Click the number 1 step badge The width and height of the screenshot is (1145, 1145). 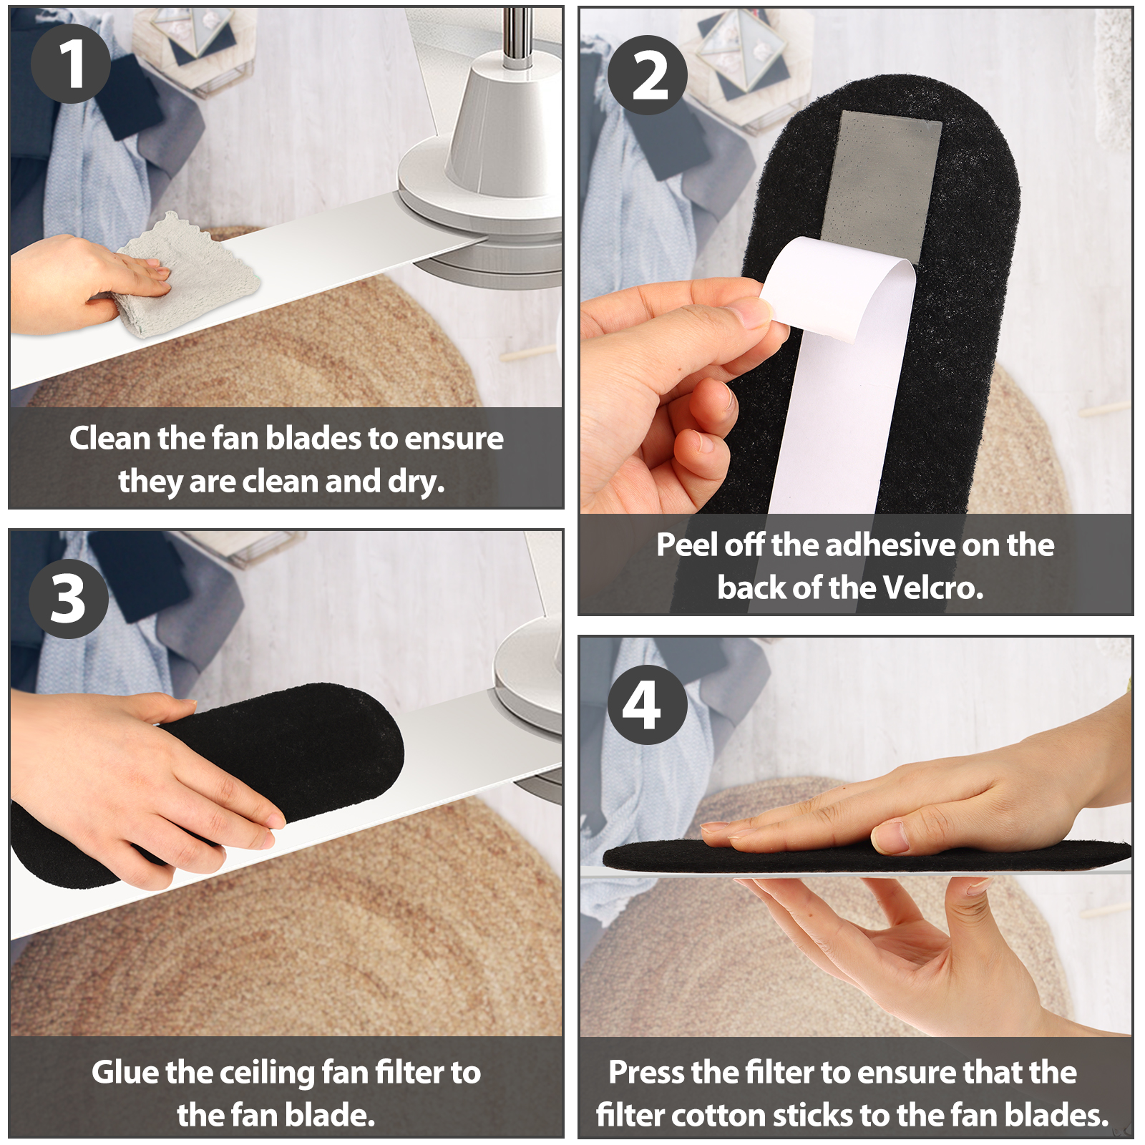pyautogui.click(x=70, y=64)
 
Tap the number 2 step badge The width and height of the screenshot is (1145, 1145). pyautogui.click(x=648, y=75)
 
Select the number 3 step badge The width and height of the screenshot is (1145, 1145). pyautogui.click(x=69, y=599)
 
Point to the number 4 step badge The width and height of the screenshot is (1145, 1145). pyautogui.click(x=648, y=705)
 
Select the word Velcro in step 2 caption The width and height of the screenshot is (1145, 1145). pyautogui.click(x=933, y=588)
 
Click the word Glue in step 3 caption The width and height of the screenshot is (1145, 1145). pyautogui.click(x=125, y=1073)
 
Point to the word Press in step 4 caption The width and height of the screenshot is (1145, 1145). pyautogui.click(x=646, y=1072)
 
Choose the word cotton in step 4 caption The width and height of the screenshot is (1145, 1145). pyautogui.click(x=718, y=1116)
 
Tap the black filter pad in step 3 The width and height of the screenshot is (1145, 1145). pyautogui.click(x=215, y=780)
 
